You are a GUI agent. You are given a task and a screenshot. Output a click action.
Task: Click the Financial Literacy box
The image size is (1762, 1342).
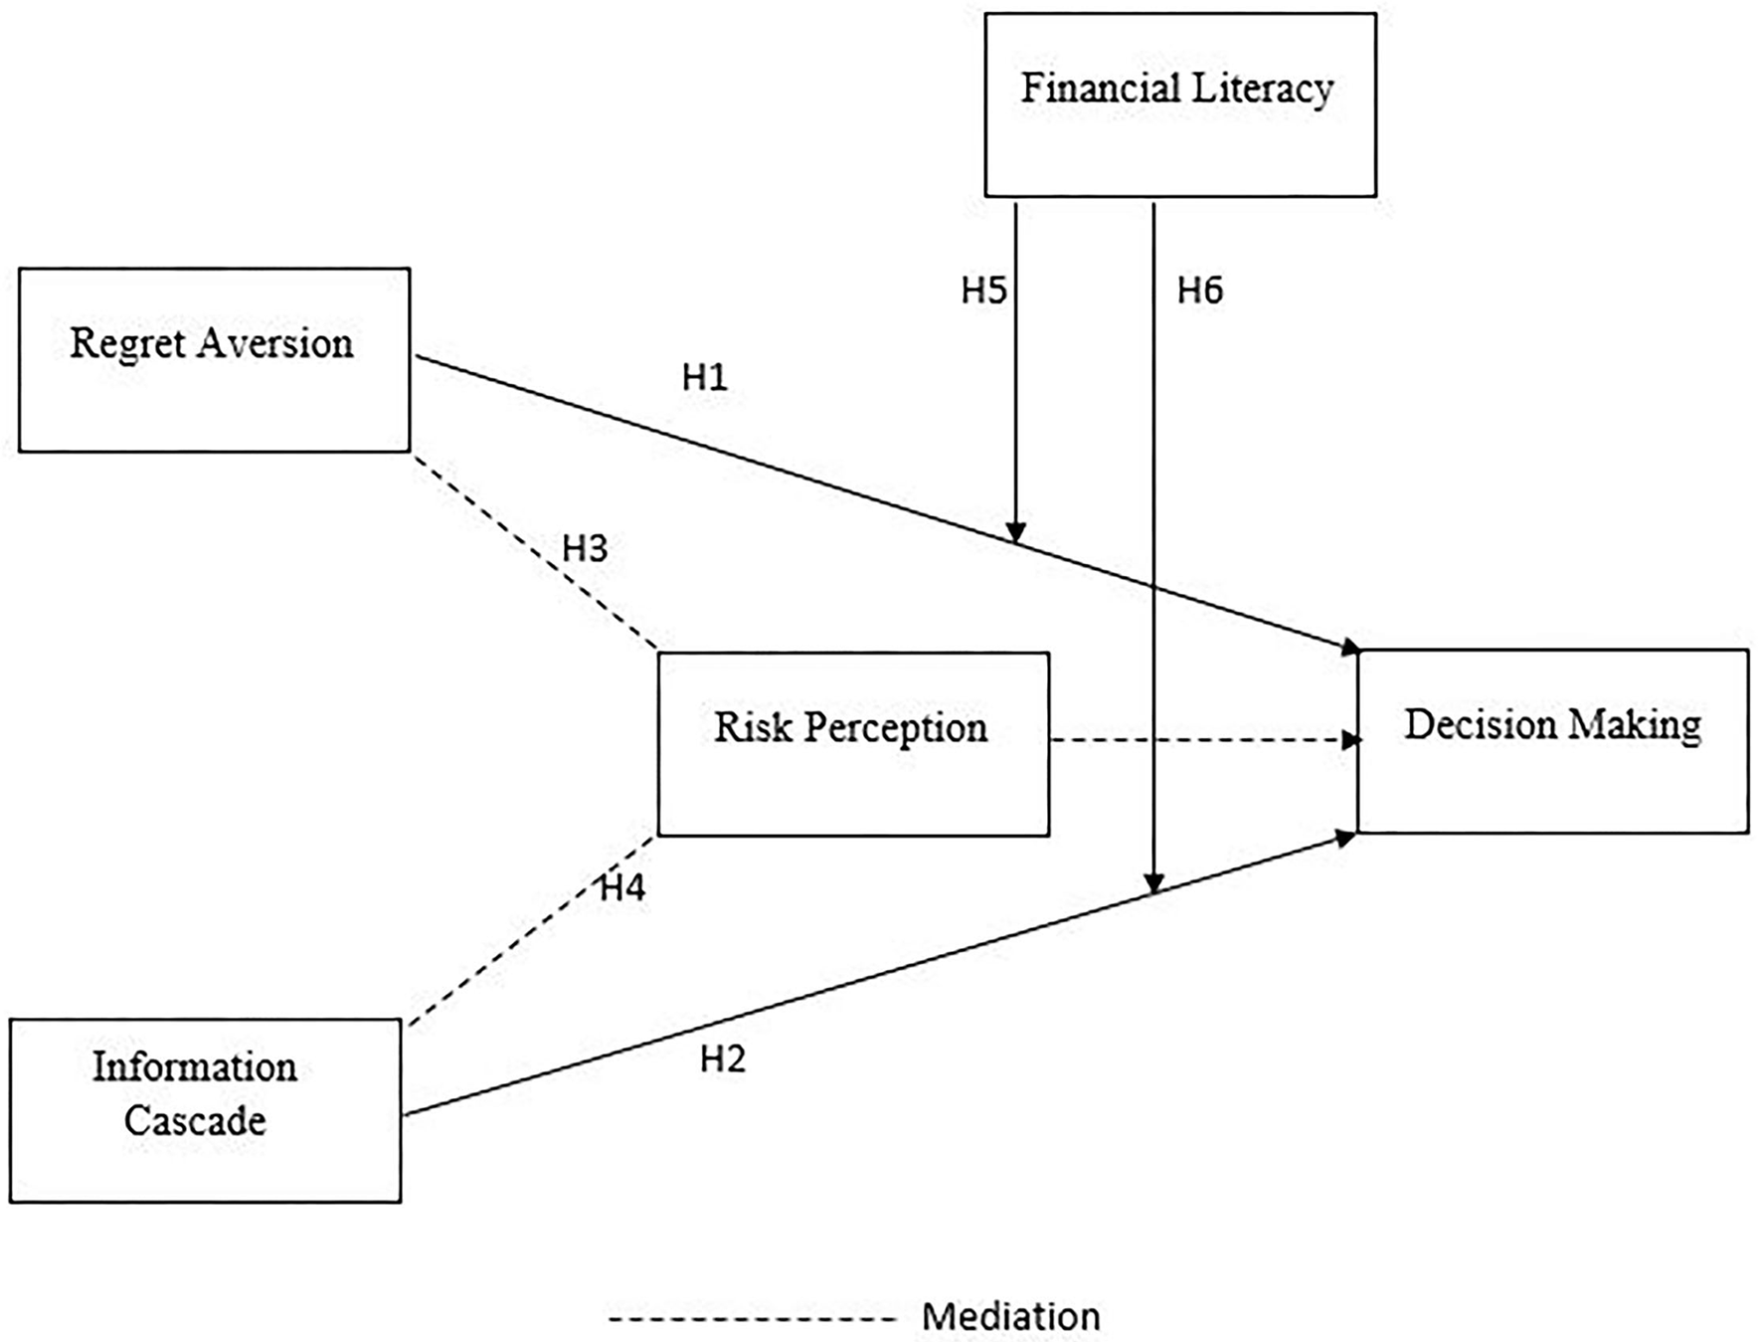tap(1180, 105)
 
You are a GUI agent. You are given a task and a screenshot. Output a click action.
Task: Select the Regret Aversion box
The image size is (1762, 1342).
tap(214, 360)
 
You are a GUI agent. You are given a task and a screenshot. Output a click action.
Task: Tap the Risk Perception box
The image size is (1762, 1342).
tap(853, 744)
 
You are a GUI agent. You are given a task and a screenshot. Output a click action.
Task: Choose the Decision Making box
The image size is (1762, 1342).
tap(1552, 741)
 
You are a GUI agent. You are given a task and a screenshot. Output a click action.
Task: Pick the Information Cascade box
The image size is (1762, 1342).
tap(205, 1110)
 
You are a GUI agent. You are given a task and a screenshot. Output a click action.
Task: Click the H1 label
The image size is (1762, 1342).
tap(705, 377)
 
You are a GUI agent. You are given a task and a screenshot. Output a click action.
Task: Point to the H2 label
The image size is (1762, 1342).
tap(723, 1059)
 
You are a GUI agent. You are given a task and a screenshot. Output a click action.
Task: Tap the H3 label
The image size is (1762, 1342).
tap(585, 548)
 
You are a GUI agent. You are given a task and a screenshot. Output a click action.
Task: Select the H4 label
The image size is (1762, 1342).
tap(622, 888)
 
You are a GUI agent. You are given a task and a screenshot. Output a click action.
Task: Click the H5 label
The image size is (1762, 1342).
tap(983, 290)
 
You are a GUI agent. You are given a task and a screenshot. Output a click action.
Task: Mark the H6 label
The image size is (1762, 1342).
tap(1200, 290)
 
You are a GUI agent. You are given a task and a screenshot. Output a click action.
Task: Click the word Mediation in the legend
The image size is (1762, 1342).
tap(1010, 1317)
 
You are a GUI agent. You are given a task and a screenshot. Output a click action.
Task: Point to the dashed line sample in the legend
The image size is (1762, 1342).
tap(753, 1319)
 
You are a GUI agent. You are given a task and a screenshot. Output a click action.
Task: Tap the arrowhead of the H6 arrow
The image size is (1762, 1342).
tap(1153, 883)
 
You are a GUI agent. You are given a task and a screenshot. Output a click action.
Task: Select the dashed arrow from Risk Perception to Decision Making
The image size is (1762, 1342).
tap(1203, 740)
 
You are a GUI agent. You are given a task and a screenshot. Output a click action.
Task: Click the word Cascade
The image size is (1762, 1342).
tap(195, 1121)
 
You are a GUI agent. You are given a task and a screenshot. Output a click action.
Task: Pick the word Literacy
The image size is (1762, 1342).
tap(1263, 89)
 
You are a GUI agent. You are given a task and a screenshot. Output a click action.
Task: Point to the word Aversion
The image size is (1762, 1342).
tap(275, 343)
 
